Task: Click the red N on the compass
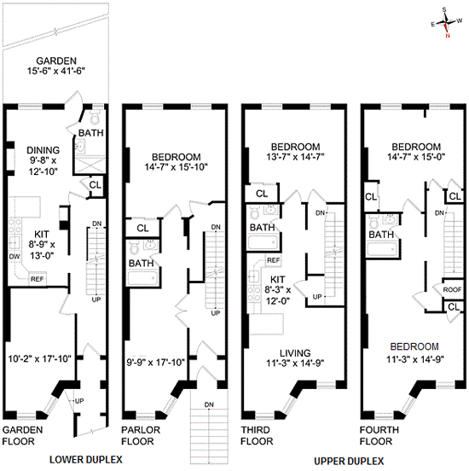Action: click(448, 36)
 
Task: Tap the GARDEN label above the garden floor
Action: click(56, 61)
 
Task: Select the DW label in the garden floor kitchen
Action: click(14, 256)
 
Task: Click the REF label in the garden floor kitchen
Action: click(37, 279)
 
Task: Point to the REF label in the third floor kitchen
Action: click(273, 260)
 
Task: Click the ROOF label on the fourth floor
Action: click(453, 289)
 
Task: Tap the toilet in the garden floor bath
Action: click(95, 117)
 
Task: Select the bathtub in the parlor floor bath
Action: click(142, 279)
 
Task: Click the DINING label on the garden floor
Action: click(43, 150)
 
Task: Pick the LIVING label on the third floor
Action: click(295, 353)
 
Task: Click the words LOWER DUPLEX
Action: click(86, 460)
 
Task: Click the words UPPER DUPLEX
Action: click(349, 461)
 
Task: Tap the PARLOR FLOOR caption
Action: click(141, 435)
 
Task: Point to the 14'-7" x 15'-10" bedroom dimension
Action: click(177, 167)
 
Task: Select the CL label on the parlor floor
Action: click(142, 229)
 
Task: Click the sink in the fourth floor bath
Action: click(391, 219)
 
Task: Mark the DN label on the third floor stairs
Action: click(320, 213)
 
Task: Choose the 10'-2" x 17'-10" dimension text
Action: click(39, 358)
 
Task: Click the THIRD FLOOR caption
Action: click(257, 435)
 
